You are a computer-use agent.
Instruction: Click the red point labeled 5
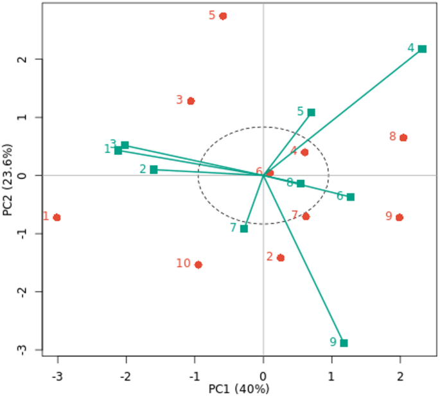[223, 16]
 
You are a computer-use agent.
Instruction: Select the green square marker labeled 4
[422, 49]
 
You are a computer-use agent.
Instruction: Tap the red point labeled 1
[57, 217]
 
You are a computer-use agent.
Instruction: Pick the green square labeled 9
[344, 343]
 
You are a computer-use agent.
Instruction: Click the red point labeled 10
[198, 264]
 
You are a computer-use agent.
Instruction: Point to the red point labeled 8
[403, 138]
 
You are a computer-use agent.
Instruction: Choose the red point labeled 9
[400, 217]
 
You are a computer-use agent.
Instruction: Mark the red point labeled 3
[191, 101]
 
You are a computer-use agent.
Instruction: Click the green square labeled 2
[154, 170]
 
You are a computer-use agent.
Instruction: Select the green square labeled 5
[312, 113]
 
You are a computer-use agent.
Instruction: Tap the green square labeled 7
[244, 228]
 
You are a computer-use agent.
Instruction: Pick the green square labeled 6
[351, 197]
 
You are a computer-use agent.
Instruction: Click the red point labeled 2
[281, 258]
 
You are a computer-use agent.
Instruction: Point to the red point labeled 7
[306, 216]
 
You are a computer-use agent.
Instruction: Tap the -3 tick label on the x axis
[57, 376]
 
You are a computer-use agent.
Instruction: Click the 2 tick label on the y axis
[21, 59]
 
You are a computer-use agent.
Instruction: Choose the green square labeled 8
[301, 184]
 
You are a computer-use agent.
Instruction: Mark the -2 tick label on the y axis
[19, 292]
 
